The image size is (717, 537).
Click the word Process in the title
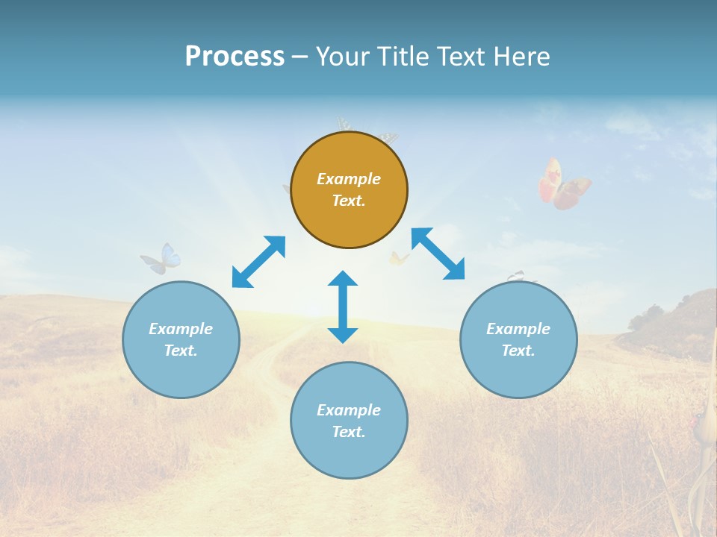click(235, 57)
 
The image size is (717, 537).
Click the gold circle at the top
click(349, 190)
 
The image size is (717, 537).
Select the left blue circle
click(181, 339)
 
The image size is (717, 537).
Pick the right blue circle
click(518, 339)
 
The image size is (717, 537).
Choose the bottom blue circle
click(349, 421)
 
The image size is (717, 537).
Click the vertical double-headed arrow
click(343, 307)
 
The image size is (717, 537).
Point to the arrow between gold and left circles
click(258, 262)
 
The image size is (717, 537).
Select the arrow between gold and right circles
click(438, 254)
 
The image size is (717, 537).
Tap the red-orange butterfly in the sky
click(562, 183)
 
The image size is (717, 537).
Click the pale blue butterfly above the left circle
click(162, 259)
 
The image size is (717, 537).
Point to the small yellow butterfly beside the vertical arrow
click(399, 259)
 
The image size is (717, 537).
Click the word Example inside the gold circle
click(349, 179)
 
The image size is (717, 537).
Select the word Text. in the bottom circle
click(349, 432)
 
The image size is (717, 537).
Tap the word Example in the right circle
click(518, 329)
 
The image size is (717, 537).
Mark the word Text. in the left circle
click(181, 351)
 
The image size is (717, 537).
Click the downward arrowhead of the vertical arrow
click(343, 334)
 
